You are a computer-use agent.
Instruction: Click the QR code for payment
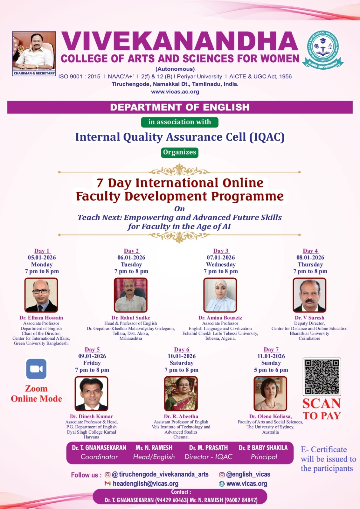(322, 377)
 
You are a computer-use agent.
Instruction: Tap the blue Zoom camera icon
(36, 369)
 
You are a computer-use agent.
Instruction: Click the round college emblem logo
(323, 50)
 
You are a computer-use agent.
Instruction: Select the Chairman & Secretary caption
(34, 73)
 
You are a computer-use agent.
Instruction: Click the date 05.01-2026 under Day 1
(42, 257)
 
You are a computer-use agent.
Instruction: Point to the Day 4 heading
(310, 251)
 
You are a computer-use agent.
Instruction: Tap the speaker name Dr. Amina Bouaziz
(220, 318)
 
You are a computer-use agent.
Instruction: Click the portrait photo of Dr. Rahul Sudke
(131, 295)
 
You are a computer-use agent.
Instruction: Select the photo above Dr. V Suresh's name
(309, 295)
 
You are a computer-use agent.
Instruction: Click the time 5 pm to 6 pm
(271, 370)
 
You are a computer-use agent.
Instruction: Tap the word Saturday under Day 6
(182, 363)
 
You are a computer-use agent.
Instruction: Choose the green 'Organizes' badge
(180, 152)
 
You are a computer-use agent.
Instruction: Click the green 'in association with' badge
(180, 122)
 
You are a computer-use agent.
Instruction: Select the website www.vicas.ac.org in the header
(175, 92)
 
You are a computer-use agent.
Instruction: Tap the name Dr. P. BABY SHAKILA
(263, 448)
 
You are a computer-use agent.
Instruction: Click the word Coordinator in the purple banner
(99, 457)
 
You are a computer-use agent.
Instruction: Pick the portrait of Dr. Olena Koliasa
(270, 394)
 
